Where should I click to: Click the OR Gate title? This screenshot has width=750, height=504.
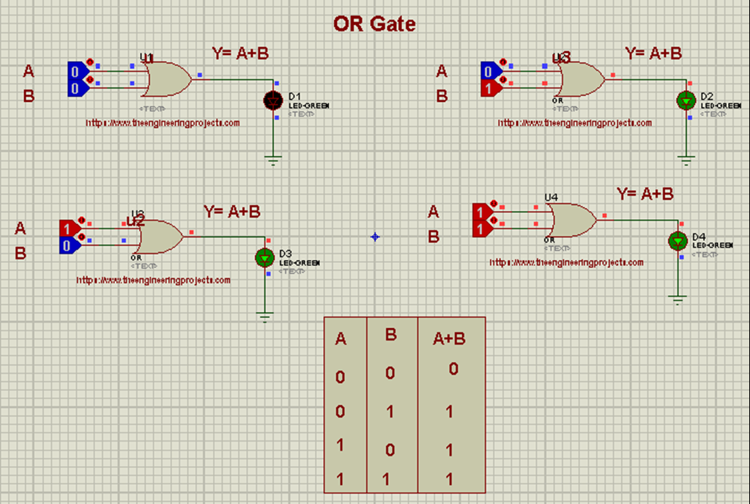(x=374, y=23)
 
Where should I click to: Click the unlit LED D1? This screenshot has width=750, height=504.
(x=273, y=100)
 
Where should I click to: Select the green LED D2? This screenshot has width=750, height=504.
(x=686, y=100)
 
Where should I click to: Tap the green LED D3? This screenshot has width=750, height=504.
(x=264, y=257)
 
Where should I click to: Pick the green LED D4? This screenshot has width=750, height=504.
(x=677, y=240)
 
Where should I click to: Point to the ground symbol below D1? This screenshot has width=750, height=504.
(x=273, y=160)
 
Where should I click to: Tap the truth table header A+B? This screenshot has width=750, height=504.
(x=449, y=338)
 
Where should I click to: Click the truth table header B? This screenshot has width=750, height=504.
(x=390, y=336)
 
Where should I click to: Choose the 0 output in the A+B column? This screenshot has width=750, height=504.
(x=453, y=369)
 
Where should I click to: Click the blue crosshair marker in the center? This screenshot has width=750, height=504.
(x=375, y=237)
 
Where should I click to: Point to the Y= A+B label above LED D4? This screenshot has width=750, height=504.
(x=645, y=194)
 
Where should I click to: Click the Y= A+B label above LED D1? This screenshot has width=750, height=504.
(x=240, y=53)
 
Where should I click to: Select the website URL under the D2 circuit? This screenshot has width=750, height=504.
(x=575, y=123)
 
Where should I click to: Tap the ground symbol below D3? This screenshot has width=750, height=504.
(x=264, y=316)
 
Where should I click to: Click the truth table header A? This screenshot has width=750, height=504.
(x=341, y=339)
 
